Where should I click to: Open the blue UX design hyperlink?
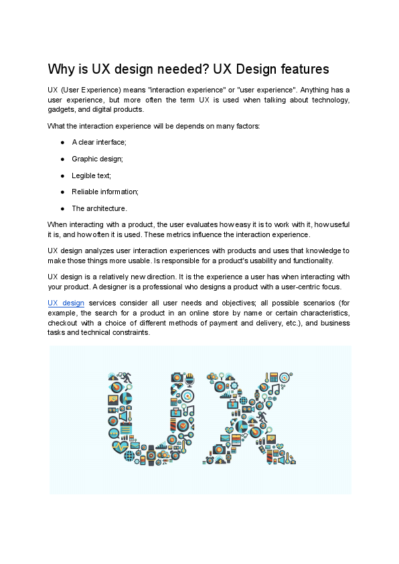(x=66, y=303)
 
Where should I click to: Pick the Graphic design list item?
(x=97, y=159)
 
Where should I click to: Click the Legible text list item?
(x=91, y=175)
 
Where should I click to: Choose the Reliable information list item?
(x=105, y=192)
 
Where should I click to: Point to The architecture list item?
(x=99, y=208)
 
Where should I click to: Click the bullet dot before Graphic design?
(x=62, y=159)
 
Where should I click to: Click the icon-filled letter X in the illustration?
(x=251, y=419)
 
